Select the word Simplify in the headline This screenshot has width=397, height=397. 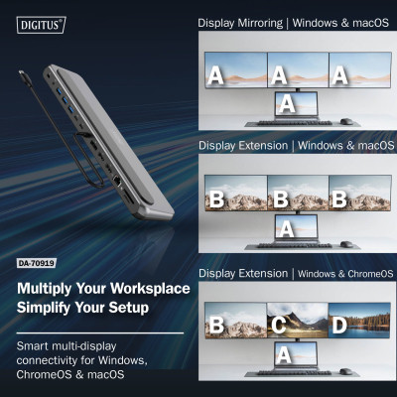[x=47, y=308]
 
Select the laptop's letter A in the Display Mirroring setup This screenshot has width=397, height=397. [x=287, y=102]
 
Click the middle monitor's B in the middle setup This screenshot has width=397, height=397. [x=281, y=197]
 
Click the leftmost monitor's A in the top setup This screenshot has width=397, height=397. [x=216, y=73]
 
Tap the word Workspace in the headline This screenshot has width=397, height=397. [x=140, y=289]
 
